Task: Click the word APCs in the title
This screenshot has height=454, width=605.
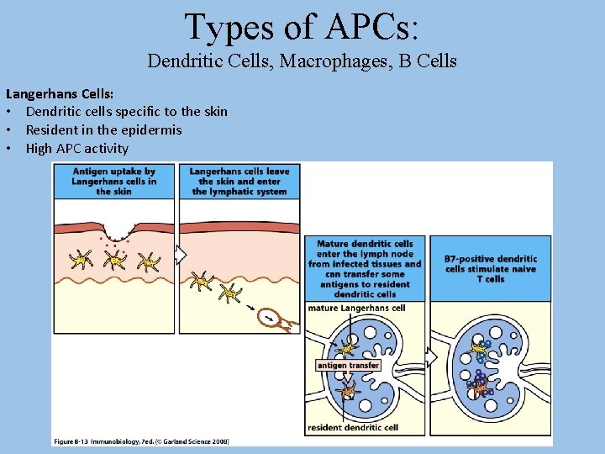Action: (x=369, y=27)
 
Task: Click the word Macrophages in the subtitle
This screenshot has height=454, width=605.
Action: (x=347, y=61)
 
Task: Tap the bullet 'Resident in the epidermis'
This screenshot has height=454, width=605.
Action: (x=103, y=129)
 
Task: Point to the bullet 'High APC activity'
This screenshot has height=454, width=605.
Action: (x=76, y=149)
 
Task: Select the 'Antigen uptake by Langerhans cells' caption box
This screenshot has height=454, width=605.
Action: (x=113, y=181)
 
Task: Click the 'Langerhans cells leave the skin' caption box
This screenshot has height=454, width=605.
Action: (x=239, y=181)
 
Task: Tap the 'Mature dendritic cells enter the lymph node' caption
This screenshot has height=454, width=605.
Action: (x=365, y=268)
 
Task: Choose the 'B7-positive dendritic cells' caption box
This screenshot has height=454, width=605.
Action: (x=490, y=268)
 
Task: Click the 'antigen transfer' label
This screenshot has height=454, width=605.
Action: (x=348, y=366)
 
